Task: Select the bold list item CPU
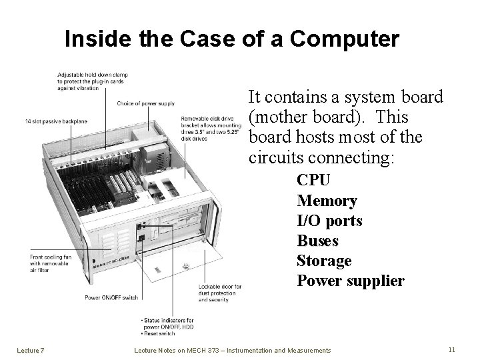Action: point(313,181)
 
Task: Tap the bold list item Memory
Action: point(327,201)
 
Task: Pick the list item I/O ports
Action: point(329,221)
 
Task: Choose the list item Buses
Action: point(317,241)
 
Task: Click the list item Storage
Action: point(324,261)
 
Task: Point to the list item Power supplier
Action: point(350,281)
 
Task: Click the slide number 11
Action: point(451,349)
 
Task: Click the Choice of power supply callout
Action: point(145,104)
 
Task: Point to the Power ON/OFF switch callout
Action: point(111,297)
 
